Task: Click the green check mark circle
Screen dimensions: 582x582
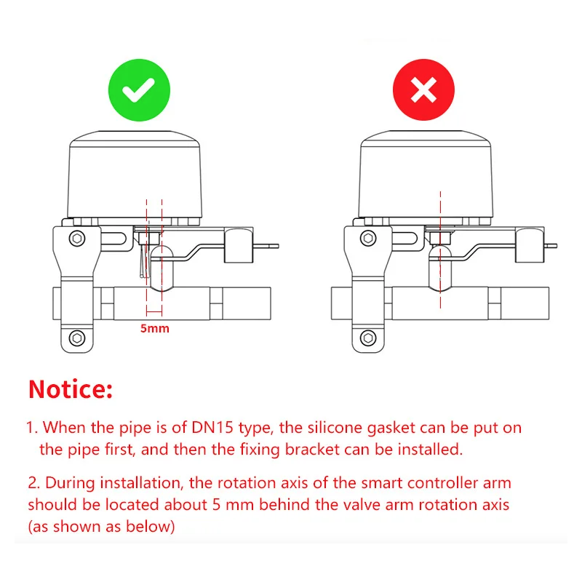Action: click(139, 90)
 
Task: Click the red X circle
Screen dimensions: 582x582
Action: click(423, 90)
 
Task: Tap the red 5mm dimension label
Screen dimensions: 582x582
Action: click(154, 328)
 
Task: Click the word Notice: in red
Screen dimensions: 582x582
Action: click(71, 389)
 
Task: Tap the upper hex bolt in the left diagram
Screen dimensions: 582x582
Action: click(76, 238)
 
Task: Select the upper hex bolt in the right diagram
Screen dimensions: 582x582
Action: click(368, 238)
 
